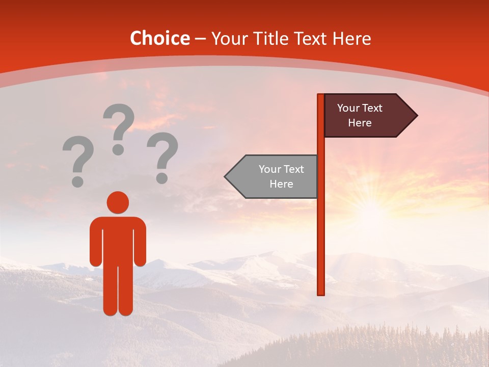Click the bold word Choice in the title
point(159,39)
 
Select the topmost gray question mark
point(119,127)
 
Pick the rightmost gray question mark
point(162,156)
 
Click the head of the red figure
point(118,202)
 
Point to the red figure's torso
point(118,240)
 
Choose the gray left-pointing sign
point(275,176)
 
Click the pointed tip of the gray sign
point(227,176)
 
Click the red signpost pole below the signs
point(321,245)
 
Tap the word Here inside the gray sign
point(281,184)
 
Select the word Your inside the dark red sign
point(348,108)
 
